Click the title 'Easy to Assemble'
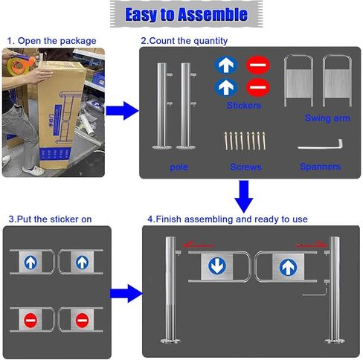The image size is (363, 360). [186, 15]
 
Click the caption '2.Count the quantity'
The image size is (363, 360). [184, 40]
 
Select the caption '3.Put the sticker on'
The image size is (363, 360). [49, 219]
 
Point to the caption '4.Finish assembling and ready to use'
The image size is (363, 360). [228, 219]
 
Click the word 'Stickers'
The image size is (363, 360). [244, 106]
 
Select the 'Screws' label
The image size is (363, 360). [245, 167]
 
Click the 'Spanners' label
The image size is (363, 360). [320, 167]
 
